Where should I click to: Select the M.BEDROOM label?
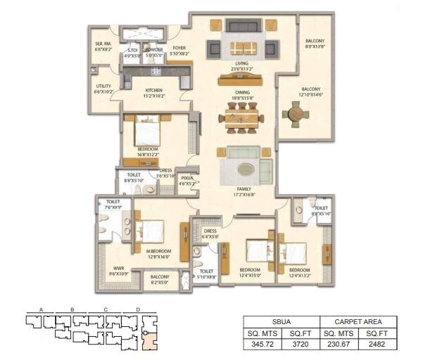point(160,255)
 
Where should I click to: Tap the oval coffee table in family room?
point(246,169)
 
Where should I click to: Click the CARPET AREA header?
point(358,321)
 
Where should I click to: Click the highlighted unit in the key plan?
point(149,340)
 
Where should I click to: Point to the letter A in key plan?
point(42,309)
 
